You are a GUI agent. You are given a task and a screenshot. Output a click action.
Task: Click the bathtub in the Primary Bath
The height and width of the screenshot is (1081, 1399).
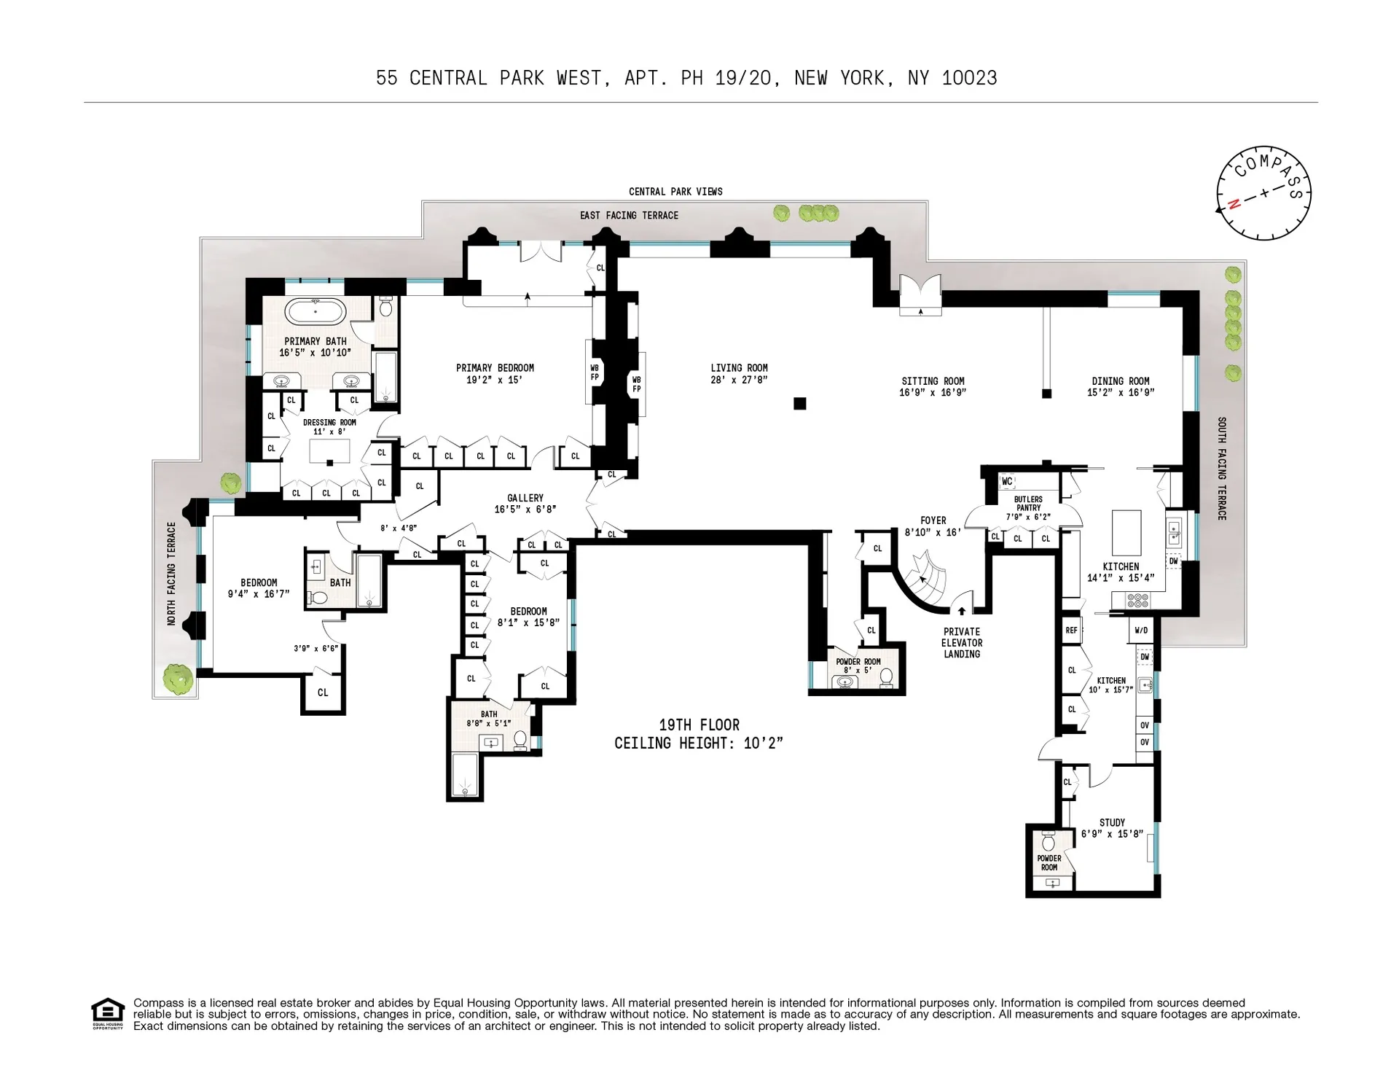click(x=315, y=312)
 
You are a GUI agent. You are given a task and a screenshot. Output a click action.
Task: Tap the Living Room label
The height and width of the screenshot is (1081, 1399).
click(x=739, y=368)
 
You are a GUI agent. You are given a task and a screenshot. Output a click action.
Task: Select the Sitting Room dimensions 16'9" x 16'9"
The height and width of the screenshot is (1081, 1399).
click(x=933, y=393)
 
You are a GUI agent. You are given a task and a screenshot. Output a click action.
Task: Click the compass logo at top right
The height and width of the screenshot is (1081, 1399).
click(x=1264, y=192)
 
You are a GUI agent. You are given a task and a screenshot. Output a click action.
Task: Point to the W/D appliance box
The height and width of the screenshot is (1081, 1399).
click(x=1141, y=631)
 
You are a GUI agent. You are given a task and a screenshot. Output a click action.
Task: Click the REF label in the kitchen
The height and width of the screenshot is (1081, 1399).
click(x=1071, y=631)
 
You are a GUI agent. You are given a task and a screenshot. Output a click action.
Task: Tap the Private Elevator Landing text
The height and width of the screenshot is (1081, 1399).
click(x=962, y=643)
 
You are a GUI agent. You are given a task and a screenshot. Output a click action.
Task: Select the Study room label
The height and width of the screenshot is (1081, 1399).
click(x=1112, y=822)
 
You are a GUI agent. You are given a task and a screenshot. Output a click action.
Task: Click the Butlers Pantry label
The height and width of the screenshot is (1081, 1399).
click(x=1028, y=504)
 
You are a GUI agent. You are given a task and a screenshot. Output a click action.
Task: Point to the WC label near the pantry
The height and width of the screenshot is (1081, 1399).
click(x=1007, y=481)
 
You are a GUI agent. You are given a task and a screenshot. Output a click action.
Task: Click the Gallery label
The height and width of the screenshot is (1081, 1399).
click(x=525, y=498)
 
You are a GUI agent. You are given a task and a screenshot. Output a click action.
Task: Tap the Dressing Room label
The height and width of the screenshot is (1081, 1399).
click(x=329, y=422)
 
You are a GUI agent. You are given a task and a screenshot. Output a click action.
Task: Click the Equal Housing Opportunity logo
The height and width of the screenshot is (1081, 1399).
click(x=108, y=1013)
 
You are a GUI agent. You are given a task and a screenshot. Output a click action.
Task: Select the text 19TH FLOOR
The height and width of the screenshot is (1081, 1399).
click(x=699, y=725)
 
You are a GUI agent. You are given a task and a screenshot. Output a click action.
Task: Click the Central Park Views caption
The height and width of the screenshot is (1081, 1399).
click(x=675, y=192)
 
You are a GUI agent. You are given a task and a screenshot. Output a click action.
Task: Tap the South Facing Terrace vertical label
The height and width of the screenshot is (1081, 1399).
click(x=1222, y=468)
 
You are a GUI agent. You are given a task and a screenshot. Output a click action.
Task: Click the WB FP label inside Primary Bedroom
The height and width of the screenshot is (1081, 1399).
click(x=595, y=372)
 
